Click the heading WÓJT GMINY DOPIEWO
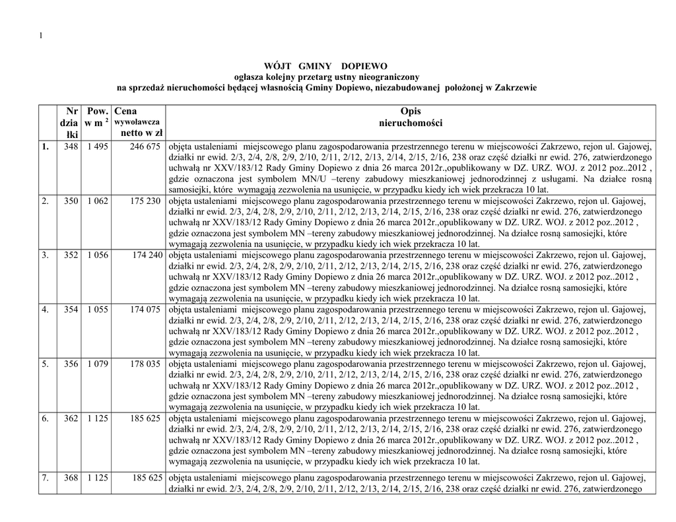pos(326,67)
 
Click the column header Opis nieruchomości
pos(410,117)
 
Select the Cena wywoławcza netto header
pos(137,123)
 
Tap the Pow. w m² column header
pos(96,117)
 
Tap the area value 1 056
pos(97,255)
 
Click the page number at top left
pos(41,35)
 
